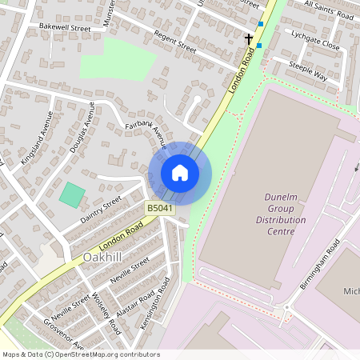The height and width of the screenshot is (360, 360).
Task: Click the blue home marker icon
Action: tap(180, 172)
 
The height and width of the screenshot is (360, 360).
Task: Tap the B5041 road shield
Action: tap(160, 208)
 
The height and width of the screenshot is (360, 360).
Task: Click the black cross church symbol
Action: tap(249, 38)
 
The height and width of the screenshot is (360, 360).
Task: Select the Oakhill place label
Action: tap(103, 258)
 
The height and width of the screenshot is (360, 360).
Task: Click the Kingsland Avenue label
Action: tap(36, 140)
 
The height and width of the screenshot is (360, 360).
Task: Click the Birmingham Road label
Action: tap(322, 263)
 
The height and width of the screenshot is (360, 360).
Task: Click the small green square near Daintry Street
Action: tap(72, 195)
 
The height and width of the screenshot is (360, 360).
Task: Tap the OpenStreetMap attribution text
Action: tap(80, 354)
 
